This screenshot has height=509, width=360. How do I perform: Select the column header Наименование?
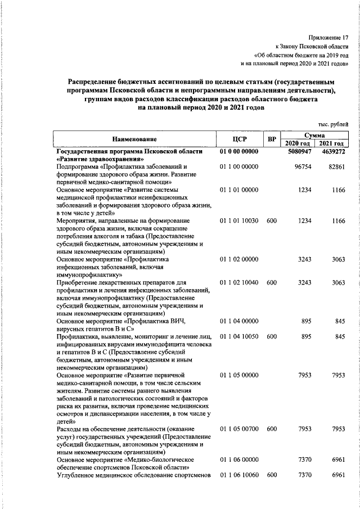(x=134, y=139)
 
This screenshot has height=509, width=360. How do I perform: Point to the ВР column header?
(x=272, y=139)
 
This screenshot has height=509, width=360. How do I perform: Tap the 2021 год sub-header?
(x=332, y=144)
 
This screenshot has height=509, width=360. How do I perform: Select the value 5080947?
(x=299, y=152)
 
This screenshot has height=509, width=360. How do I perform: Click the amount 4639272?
(x=333, y=152)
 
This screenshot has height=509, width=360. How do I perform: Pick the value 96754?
(x=303, y=167)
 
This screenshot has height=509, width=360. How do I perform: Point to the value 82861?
(x=337, y=167)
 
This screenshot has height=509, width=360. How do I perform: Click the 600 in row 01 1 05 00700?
(x=272, y=429)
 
